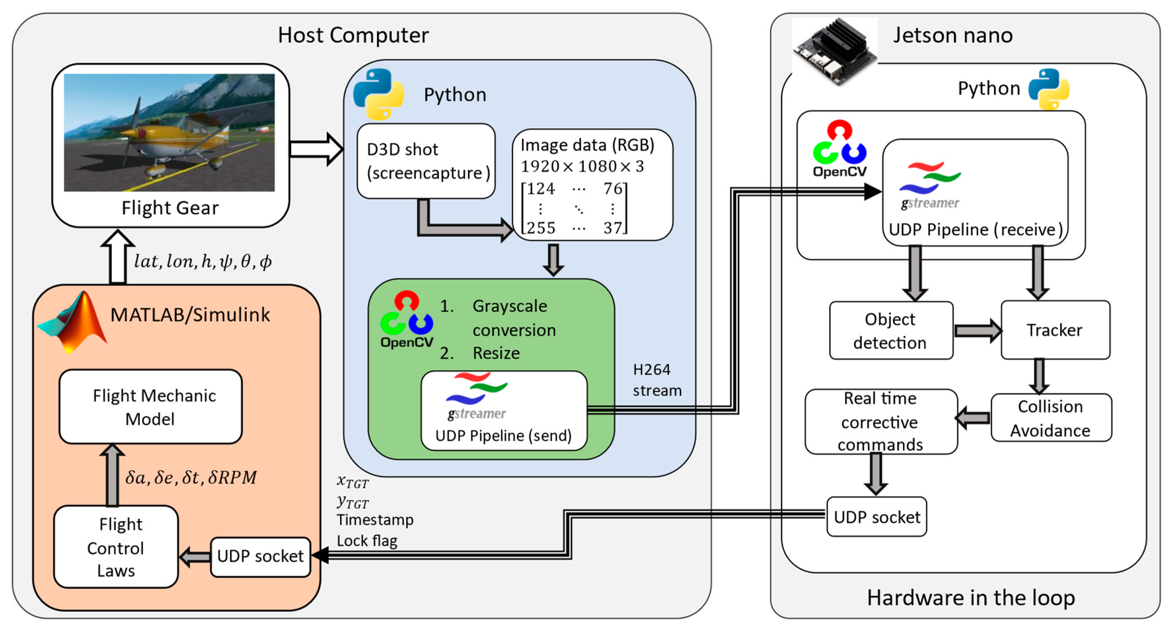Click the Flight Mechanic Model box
tap(150, 407)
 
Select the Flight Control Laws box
tap(116, 547)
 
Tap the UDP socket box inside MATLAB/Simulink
tap(260, 556)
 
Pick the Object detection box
tap(891, 330)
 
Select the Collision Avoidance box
tap(1051, 418)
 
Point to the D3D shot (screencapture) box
tap(426, 161)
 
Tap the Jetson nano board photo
tap(835, 51)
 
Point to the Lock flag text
tap(367, 541)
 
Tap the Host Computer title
tap(353, 35)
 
